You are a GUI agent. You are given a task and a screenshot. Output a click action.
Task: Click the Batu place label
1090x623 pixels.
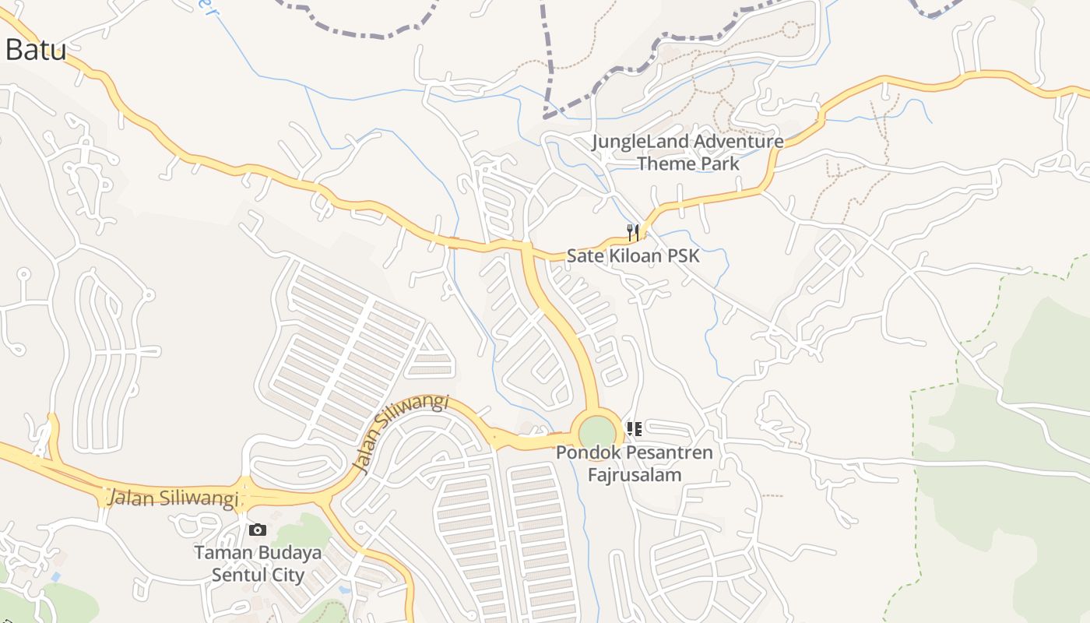[x=35, y=50]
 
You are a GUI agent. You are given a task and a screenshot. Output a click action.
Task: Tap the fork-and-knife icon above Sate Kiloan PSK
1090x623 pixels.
[x=633, y=232]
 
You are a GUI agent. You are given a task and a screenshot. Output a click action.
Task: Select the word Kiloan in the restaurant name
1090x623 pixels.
[x=631, y=255]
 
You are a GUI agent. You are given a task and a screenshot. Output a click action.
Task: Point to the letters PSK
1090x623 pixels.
[x=682, y=255]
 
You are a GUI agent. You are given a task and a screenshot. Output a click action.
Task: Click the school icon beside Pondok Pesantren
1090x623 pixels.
[x=635, y=429]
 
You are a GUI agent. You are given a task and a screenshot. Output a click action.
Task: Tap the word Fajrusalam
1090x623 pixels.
[x=635, y=475]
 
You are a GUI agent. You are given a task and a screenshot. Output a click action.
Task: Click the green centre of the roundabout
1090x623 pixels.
[x=597, y=431]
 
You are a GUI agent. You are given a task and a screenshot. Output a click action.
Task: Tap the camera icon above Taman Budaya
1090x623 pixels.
[x=257, y=530]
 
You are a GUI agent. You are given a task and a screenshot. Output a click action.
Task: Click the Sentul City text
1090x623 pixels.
[x=258, y=575]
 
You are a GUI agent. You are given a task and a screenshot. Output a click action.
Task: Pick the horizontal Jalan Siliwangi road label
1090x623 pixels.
[x=173, y=498]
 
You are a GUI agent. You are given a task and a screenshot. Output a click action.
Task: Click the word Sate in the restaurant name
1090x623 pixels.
[x=583, y=255]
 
